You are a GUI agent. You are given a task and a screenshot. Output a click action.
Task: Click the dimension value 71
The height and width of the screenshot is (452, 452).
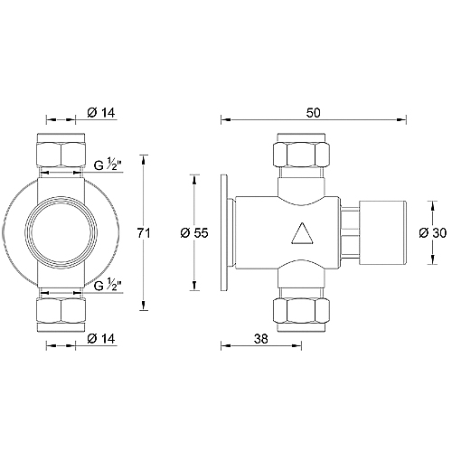coord(141,233)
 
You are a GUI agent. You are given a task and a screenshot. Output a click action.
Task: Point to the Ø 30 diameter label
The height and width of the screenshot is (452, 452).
coord(433,233)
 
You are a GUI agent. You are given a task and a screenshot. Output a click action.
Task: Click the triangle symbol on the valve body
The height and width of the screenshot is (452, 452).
coord(301,237)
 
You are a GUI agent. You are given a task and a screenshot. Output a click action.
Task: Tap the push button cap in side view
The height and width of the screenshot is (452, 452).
coord(386,233)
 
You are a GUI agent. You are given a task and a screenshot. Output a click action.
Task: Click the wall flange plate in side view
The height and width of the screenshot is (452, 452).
coord(228,233)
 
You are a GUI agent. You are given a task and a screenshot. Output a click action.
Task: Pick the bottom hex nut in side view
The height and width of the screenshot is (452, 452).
coord(300,313)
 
